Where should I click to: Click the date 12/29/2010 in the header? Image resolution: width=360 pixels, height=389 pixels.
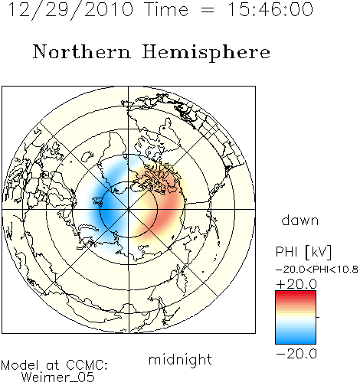pyautogui.click(x=70, y=10)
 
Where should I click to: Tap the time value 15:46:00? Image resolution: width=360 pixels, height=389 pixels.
pyautogui.click(x=270, y=10)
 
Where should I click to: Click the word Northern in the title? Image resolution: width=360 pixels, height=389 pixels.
pyautogui.click(x=82, y=52)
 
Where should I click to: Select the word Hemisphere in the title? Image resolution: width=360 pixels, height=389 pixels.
pyautogui.click(x=206, y=53)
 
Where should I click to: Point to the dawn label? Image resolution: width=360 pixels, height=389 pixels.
pyautogui.click(x=300, y=220)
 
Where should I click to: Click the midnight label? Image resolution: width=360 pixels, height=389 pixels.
pyautogui.click(x=180, y=359)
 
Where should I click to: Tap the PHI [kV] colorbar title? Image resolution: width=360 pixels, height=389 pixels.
pyautogui.click(x=303, y=252)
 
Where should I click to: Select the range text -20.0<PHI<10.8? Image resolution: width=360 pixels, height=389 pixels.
pyautogui.click(x=317, y=270)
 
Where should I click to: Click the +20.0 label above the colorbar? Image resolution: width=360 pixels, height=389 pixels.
pyautogui.click(x=296, y=284)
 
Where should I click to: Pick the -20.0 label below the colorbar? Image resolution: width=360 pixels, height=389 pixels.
pyautogui.click(x=296, y=354)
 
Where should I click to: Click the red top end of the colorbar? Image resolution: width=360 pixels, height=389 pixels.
pyautogui.click(x=296, y=293)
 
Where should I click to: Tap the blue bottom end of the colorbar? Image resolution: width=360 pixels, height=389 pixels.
pyautogui.click(x=296, y=342)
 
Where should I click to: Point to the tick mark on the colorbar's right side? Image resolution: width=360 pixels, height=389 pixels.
pyautogui.click(x=318, y=317)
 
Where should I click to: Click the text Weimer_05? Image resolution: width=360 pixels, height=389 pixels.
pyautogui.click(x=58, y=378)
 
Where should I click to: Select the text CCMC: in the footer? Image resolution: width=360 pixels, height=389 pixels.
pyautogui.click(x=87, y=365)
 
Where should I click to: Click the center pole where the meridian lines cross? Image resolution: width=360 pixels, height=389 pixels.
pyautogui.click(x=129, y=210)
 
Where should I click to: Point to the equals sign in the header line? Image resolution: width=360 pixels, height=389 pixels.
pyautogui.click(x=208, y=10)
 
